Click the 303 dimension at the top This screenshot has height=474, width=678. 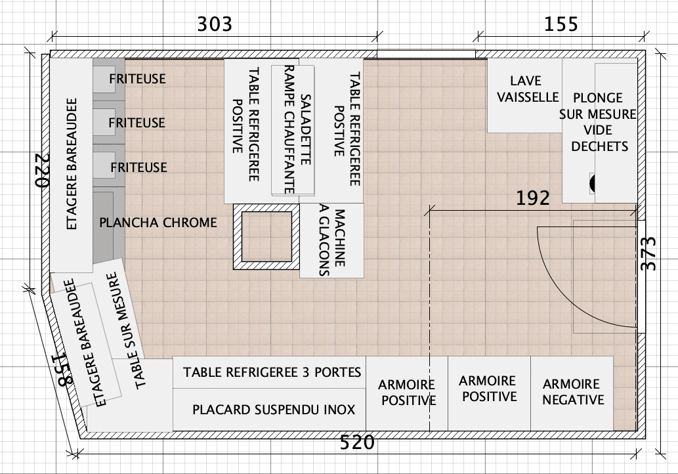(215, 24)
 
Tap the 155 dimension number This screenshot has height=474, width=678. (561, 24)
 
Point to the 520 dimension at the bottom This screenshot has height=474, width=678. (357, 442)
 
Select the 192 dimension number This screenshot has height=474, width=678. (533, 198)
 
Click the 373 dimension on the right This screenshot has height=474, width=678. (648, 253)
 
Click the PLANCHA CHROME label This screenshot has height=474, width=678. (158, 223)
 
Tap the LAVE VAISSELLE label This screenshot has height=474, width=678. (528, 89)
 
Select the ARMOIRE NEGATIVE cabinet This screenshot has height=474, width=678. (572, 393)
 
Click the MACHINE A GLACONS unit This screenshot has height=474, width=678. (331, 240)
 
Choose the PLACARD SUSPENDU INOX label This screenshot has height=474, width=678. (274, 410)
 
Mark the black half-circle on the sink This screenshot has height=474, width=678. (592, 183)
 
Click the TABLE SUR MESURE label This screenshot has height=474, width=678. (125, 330)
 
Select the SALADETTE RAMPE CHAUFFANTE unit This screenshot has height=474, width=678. (293, 130)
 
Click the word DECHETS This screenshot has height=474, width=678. (600, 146)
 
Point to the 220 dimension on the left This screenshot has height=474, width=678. (43, 170)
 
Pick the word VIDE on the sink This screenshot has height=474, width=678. (598, 130)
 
